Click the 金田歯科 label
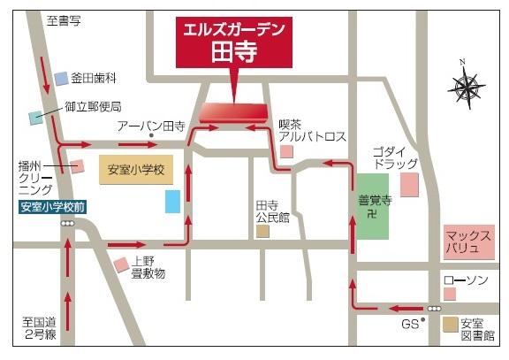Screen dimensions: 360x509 (93, 79)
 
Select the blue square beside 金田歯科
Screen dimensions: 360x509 (61, 79)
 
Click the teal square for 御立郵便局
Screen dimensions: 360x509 (36, 116)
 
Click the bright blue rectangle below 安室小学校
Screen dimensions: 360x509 (173, 201)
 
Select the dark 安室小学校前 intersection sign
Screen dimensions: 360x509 (53, 208)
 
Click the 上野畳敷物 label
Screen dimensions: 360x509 (148, 267)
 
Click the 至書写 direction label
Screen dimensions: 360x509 (64, 19)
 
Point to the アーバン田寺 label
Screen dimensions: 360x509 (152, 127)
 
